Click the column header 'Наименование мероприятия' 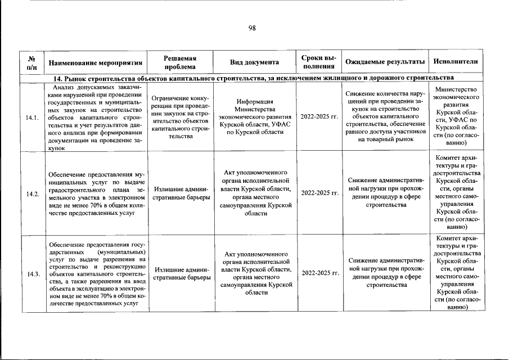tap(94, 62)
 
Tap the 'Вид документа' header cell tap(254, 62)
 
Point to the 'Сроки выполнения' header tap(319, 62)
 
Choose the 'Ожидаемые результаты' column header tap(385, 62)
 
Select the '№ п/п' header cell tap(32, 62)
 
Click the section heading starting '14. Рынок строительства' tap(253, 78)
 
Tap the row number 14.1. tap(32, 118)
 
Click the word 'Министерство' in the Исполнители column tap(456, 90)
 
